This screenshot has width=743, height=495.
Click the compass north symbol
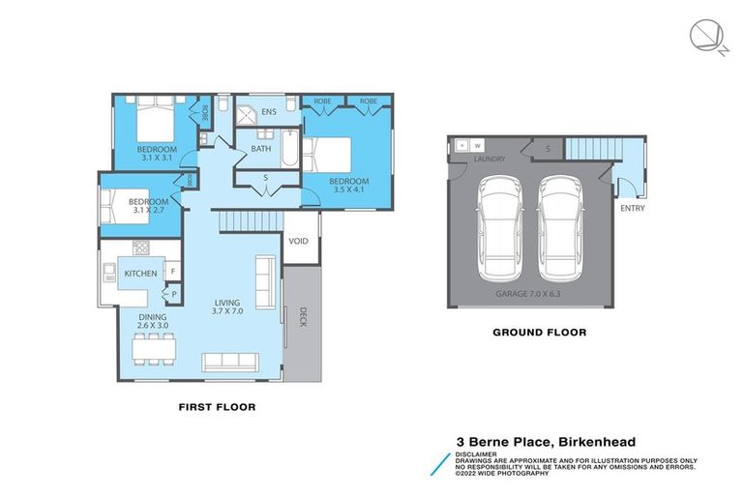click(705, 36)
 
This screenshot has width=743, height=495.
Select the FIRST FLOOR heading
click(217, 407)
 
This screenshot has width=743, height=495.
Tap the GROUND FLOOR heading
click(540, 332)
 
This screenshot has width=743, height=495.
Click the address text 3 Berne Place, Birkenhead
click(546, 440)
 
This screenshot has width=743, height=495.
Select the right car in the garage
click(561, 225)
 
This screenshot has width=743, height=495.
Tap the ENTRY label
click(633, 209)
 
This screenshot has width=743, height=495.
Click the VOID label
click(299, 241)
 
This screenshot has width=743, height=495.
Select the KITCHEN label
click(140, 274)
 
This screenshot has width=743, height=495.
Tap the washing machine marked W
click(478, 146)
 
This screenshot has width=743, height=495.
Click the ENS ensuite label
click(268, 113)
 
